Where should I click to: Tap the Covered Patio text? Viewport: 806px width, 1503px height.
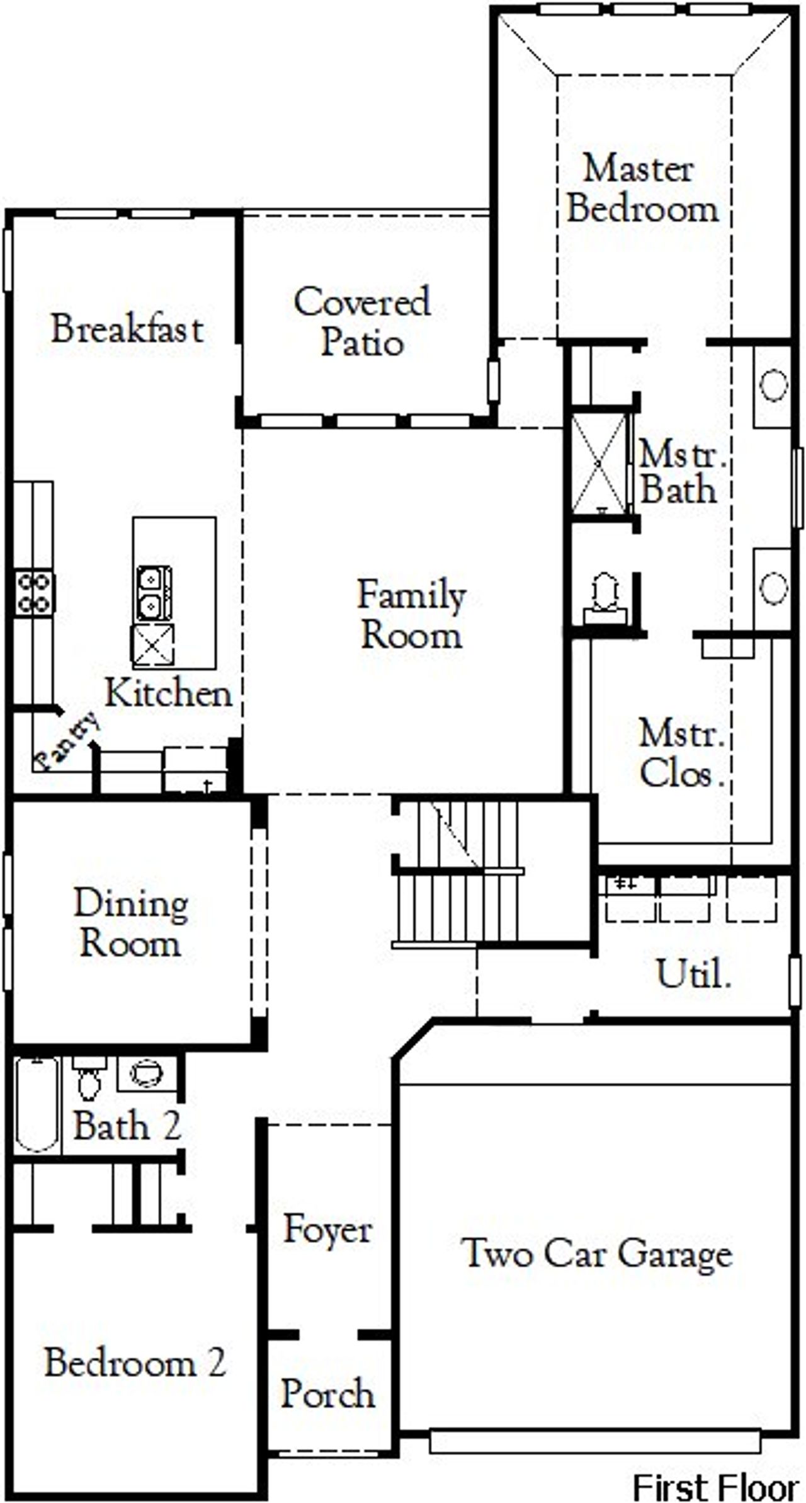pyautogui.click(x=362, y=322)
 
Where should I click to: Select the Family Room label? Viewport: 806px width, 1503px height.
pyautogui.click(x=411, y=614)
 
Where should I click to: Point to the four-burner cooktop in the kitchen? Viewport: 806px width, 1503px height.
pyautogui.click(x=34, y=592)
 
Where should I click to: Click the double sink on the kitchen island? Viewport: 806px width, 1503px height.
pyautogui.click(x=154, y=593)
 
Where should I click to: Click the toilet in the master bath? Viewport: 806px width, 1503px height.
pyautogui.click(x=604, y=595)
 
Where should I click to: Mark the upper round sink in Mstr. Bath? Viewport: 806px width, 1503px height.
pyautogui.click(x=773, y=385)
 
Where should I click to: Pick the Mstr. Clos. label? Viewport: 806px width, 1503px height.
pyautogui.click(x=681, y=753)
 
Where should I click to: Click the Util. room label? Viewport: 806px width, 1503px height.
pyautogui.click(x=693, y=974)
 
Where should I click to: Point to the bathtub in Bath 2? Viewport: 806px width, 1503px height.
pyautogui.click(x=37, y=1104)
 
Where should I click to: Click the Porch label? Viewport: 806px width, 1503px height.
pyautogui.click(x=327, y=1393)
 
